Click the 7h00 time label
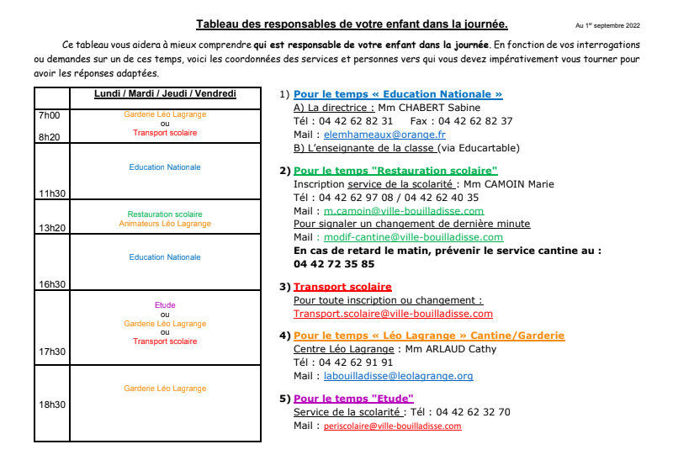point(50,114)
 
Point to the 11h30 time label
point(52,193)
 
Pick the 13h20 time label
point(52,228)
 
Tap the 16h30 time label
point(52,284)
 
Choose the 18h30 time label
point(52,405)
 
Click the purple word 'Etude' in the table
point(165,304)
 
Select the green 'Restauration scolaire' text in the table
point(165,214)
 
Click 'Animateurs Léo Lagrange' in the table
point(165,224)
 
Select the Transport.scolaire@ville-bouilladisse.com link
point(393,314)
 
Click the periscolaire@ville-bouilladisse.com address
point(393,426)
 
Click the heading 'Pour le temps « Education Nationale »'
point(398,94)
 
